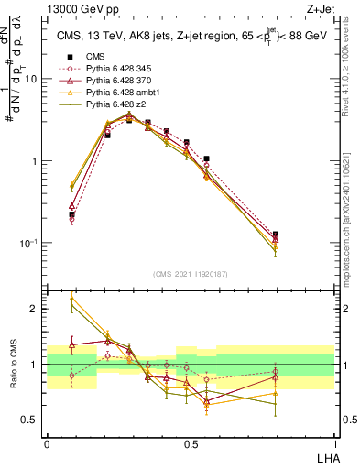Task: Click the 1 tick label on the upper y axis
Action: point(36,161)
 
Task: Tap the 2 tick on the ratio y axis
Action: point(36,310)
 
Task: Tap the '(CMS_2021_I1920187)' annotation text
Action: point(190,273)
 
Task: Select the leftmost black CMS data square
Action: point(71,214)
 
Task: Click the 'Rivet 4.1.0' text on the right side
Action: point(345,92)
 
